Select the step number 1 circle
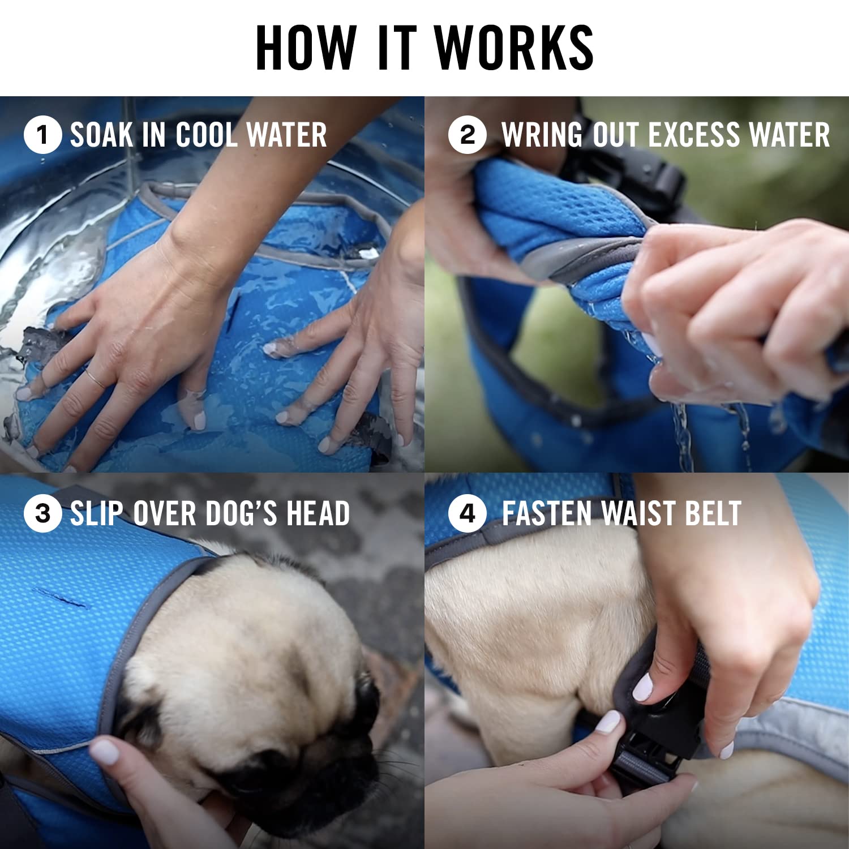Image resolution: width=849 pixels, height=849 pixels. pyautogui.click(x=42, y=135)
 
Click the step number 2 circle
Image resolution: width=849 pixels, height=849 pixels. pyautogui.click(x=467, y=135)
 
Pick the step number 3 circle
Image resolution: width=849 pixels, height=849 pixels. pyautogui.click(x=42, y=514)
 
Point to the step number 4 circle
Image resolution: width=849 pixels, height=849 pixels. pyautogui.click(x=467, y=514)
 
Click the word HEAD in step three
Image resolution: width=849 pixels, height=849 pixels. pyautogui.click(x=318, y=514)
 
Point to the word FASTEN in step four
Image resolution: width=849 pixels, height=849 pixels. pyautogui.click(x=547, y=514)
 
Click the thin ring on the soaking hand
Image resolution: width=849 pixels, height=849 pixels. pyautogui.click(x=95, y=378)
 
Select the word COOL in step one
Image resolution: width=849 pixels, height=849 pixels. pyautogui.click(x=206, y=135)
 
